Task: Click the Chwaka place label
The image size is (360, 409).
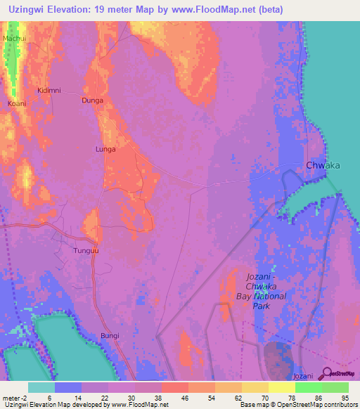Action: pyautogui.click(x=323, y=165)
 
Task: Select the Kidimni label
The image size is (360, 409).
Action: pyautogui.click(x=49, y=91)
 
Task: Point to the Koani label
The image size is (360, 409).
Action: pyautogui.click(x=17, y=103)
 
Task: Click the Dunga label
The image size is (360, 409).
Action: pyautogui.click(x=93, y=100)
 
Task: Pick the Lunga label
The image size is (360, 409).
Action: pyautogui.click(x=105, y=149)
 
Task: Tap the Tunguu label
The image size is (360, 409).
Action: pyautogui.click(x=85, y=250)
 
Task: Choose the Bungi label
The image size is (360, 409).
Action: pyautogui.click(x=110, y=336)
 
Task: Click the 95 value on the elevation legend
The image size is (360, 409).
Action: pyautogui.click(x=344, y=397)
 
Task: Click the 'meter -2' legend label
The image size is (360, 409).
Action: pyautogui.click(x=15, y=397)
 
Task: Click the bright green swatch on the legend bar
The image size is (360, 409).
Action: pyautogui.click(x=309, y=387)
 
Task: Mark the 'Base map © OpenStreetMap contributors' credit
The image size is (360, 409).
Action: pyautogui.click(x=295, y=405)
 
